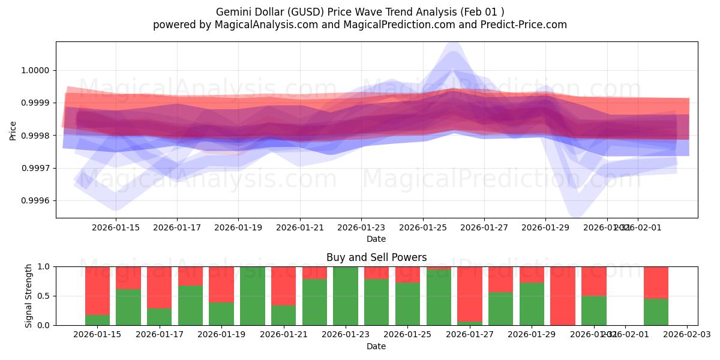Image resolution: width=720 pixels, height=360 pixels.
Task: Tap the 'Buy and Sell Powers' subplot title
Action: [x=376, y=257]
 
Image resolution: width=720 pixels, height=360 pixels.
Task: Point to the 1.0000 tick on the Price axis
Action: [x=36, y=71]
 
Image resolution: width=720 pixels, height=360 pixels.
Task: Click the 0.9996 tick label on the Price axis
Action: [x=36, y=201]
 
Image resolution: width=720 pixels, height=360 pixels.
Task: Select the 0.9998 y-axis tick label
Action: [x=36, y=136]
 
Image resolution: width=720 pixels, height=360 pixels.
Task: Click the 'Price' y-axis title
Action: [x=13, y=130]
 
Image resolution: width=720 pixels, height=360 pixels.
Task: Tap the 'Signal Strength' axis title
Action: [x=29, y=296]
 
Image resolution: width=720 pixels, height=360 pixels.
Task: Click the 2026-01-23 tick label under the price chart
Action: [x=361, y=227]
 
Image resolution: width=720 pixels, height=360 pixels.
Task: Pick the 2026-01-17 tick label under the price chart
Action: [x=176, y=227]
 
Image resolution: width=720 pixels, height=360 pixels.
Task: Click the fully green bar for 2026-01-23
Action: [x=346, y=296]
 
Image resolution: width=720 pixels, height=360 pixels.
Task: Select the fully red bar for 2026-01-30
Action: [x=563, y=296]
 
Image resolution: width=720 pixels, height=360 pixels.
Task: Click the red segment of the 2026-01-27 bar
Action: [x=470, y=294]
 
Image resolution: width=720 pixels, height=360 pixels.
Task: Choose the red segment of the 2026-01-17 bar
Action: [x=159, y=287]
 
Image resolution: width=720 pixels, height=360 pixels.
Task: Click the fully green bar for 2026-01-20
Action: [x=253, y=296]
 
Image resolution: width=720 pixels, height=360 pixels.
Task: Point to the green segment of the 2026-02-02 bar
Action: [x=656, y=312]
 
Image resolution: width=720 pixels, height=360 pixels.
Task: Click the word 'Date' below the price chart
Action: [x=376, y=239]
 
